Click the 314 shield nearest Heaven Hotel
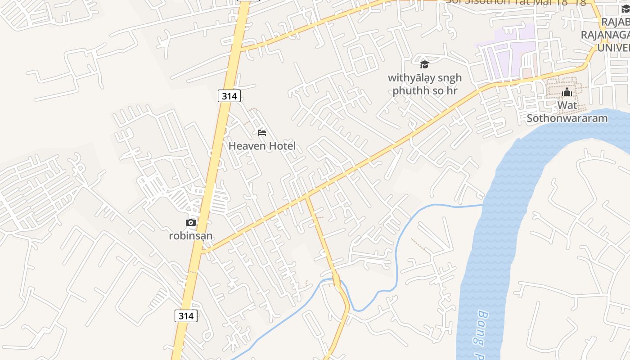tap(229, 96)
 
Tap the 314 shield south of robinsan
tap(186, 315)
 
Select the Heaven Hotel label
tap(262, 146)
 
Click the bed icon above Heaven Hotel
tap(262, 133)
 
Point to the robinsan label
tap(191, 235)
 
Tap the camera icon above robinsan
tap(191, 222)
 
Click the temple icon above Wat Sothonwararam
tap(567, 93)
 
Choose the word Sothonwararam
tap(567, 118)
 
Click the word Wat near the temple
tap(567, 106)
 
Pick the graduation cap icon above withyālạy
tap(424, 64)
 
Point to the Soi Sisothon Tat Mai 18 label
tap(516, 2)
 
